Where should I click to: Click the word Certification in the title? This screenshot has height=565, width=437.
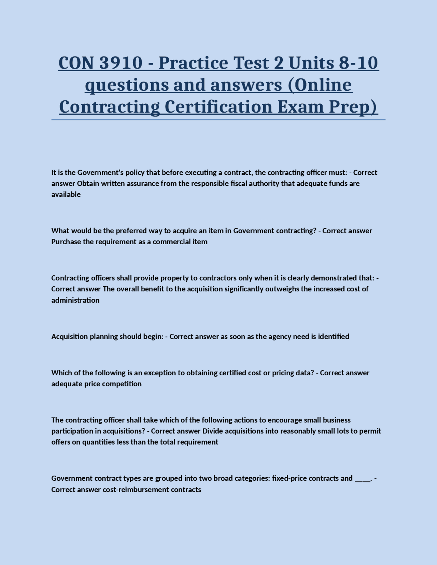(218, 106)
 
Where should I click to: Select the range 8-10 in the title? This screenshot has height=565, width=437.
(358, 63)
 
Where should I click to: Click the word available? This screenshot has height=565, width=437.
(66, 194)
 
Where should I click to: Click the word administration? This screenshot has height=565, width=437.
(75, 300)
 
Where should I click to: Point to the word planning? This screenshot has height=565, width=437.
(103, 336)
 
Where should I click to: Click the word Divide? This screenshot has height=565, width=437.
(213, 431)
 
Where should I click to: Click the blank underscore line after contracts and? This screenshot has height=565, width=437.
(362, 479)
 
